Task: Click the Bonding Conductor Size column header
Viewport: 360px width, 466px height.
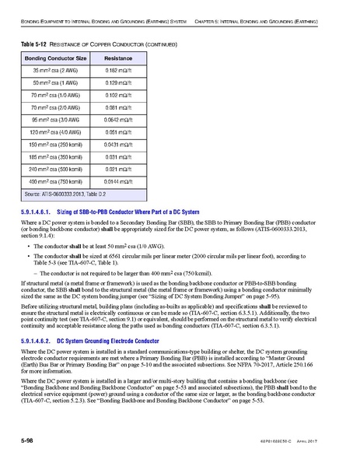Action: pos(54,58)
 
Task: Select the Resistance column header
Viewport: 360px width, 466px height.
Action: pos(119,58)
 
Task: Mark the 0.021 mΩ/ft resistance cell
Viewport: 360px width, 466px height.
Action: pos(119,167)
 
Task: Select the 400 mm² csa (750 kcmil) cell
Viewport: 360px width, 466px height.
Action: pos(54,179)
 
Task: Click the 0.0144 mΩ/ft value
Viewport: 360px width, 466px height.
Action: pos(119,179)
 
